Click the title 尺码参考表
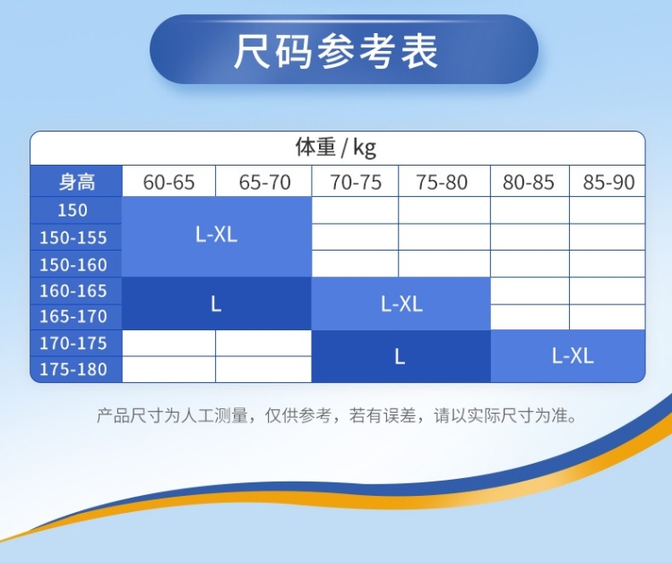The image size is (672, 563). [x=336, y=51]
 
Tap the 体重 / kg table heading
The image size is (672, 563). [x=336, y=147]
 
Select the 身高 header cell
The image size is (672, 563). [x=77, y=182]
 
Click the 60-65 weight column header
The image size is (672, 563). [x=168, y=182]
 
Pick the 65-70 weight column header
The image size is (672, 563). [x=264, y=182]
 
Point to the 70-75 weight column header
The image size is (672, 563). [x=356, y=182]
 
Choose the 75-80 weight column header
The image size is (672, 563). [x=442, y=182]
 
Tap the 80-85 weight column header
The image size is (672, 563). [x=529, y=182]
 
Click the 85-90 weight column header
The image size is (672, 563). [x=608, y=182]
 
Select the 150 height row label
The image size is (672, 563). [x=73, y=210]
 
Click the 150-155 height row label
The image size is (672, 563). [x=73, y=237]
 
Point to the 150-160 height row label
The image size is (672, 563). [x=73, y=265]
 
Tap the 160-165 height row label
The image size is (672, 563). [x=73, y=291]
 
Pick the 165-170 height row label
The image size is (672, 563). [x=73, y=316]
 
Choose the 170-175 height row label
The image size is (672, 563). [x=73, y=343]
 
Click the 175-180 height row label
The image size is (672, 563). [x=73, y=369]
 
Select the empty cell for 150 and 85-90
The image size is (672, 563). [x=607, y=210]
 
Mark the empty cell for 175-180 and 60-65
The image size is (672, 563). [x=168, y=369]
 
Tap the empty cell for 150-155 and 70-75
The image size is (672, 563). [x=356, y=237]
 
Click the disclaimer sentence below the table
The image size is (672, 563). [x=337, y=415]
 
